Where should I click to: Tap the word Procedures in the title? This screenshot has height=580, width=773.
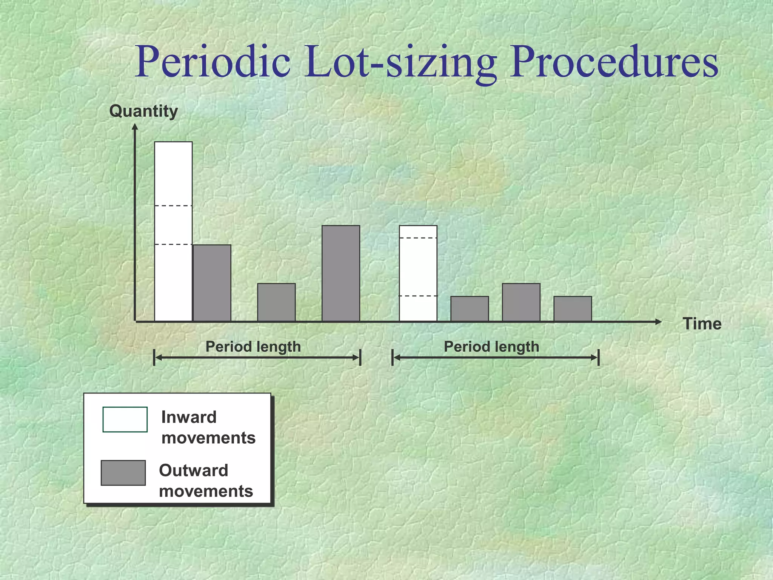click(613, 62)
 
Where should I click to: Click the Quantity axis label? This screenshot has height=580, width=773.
click(143, 111)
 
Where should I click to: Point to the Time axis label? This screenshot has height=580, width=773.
click(702, 324)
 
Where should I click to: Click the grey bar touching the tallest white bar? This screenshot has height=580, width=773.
click(212, 283)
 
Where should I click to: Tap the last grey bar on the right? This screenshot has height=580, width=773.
click(572, 309)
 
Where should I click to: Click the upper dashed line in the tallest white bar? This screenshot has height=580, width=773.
click(173, 206)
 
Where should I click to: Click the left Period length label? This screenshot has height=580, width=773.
click(253, 347)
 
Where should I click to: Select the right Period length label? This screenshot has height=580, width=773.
click(491, 347)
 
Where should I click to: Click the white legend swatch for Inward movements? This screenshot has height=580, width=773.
click(125, 419)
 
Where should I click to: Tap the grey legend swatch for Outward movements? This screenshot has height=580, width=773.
click(123, 472)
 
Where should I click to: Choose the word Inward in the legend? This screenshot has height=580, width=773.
click(189, 417)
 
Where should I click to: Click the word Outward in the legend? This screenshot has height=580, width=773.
click(194, 470)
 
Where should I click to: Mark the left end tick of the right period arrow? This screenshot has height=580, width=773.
click(393, 357)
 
